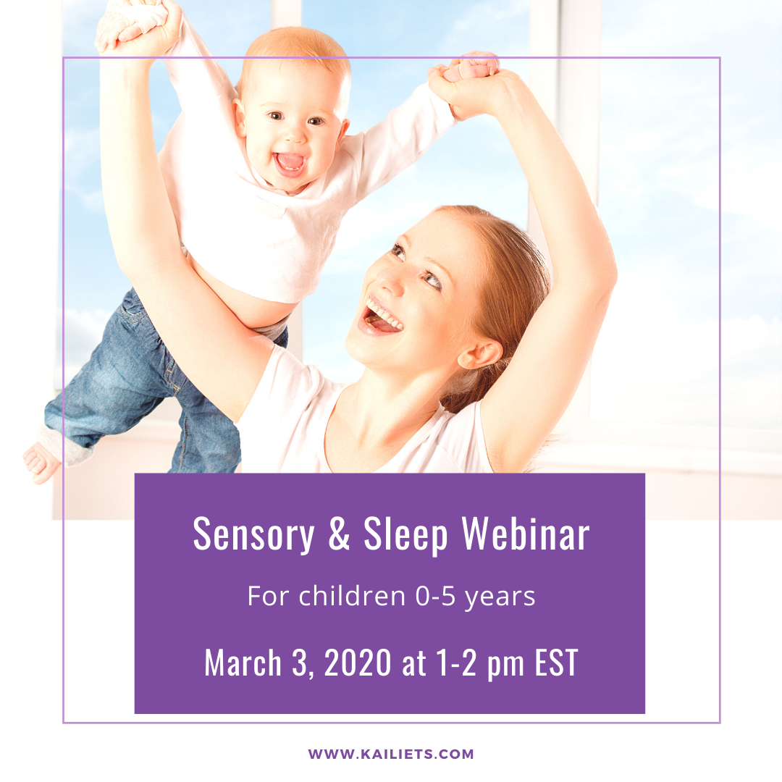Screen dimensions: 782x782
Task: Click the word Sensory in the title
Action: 253,534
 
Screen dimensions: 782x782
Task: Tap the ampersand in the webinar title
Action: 339,533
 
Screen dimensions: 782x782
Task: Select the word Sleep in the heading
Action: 405,534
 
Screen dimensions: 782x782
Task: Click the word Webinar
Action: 526,533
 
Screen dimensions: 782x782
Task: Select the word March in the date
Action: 243,663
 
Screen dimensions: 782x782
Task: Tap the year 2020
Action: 358,663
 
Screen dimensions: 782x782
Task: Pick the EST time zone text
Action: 557,663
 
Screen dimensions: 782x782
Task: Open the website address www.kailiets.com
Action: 390,754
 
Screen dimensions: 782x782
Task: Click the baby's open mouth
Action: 290,163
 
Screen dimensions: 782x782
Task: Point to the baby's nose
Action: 294,135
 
